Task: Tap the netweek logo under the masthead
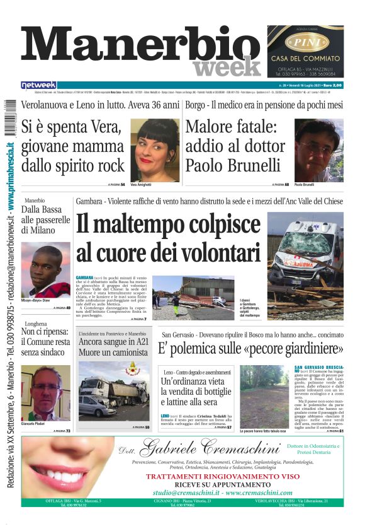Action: click(x=38, y=85)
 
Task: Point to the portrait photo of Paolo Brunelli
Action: click(x=318, y=150)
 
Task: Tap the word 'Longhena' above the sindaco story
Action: click(x=35, y=323)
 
